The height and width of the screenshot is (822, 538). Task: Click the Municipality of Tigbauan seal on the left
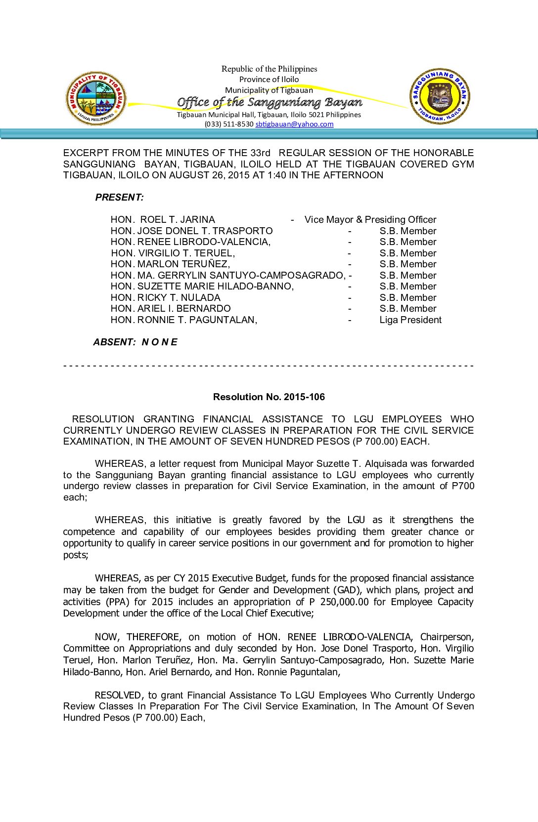coord(96,98)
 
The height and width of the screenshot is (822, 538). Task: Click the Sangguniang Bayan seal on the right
coord(440,96)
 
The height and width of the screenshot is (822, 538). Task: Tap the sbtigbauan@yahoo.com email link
coord(294,124)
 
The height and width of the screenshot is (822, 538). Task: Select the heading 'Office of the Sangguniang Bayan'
coord(269,102)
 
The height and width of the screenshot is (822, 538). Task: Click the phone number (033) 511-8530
coord(229,124)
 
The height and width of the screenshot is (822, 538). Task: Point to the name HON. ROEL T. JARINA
coord(163,219)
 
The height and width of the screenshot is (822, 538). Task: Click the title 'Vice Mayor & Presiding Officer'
coord(370,219)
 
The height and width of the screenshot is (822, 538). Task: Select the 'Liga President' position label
coord(410,320)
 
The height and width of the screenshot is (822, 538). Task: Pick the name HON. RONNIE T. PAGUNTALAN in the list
coord(184,320)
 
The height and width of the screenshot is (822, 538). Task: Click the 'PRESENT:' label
coord(120,197)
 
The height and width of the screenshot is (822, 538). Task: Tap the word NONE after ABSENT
coord(159,342)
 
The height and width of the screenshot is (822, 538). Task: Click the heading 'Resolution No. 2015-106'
coord(269,397)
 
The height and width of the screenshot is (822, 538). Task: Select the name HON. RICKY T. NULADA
coord(166,297)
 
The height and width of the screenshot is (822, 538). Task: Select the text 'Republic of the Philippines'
coord(269,69)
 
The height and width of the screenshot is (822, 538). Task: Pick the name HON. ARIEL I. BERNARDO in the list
coord(171,308)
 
